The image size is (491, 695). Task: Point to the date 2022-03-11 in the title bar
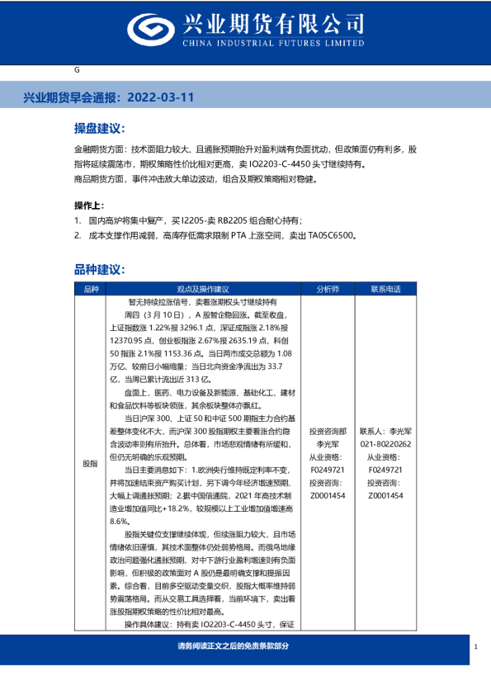[x=163, y=97]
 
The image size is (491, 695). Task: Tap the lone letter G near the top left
[x=77, y=73]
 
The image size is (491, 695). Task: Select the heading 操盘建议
[x=99, y=130]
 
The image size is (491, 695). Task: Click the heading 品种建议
[x=99, y=270]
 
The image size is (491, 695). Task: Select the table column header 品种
[x=91, y=290]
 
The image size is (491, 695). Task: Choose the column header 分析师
[x=328, y=290]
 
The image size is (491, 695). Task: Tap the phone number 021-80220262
[x=385, y=443]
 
